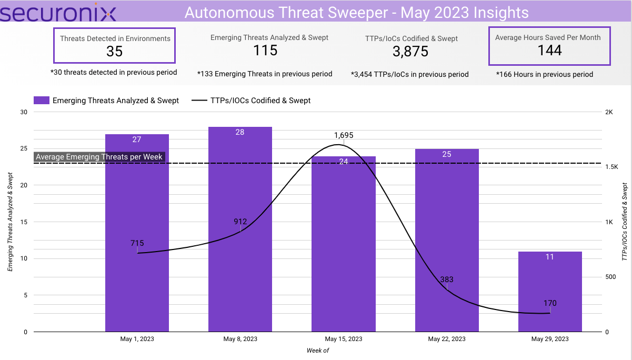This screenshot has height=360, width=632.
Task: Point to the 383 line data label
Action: pyautogui.click(x=447, y=279)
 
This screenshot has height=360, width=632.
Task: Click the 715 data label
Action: pyautogui.click(x=137, y=243)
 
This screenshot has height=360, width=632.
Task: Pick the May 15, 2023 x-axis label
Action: pyautogui.click(x=344, y=339)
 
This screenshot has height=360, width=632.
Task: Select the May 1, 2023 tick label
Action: pyautogui.click(x=137, y=339)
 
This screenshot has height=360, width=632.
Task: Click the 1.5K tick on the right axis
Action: pyautogui.click(x=612, y=167)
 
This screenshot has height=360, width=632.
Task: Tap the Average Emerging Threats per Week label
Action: pyautogui.click(x=99, y=157)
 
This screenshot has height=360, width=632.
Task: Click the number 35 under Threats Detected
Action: pyautogui.click(x=115, y=51)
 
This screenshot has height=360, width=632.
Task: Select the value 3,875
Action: pyautogui.click(x=410, y=52)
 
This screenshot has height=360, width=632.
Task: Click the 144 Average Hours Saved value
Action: pyautogui.click(x=550, y=51)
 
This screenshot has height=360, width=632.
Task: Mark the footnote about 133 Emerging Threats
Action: pyautogui.click(x=265, y=74)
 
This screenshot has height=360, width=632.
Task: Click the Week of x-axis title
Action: pyautogui.click(x=317, y=351)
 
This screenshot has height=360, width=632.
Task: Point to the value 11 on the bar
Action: pyautogui.click(x=550, y=257)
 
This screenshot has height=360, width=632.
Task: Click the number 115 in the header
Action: pyautogui.click(x=265, y=51)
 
